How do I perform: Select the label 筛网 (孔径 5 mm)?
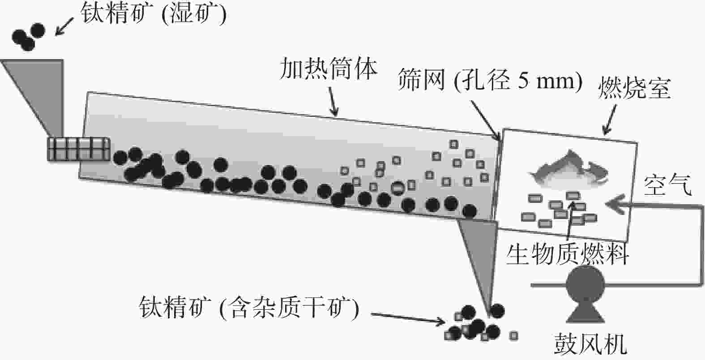[490, 81]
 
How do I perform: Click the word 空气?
[667, 184]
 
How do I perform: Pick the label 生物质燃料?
[568, 254]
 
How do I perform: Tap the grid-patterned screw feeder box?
[79, 149]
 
